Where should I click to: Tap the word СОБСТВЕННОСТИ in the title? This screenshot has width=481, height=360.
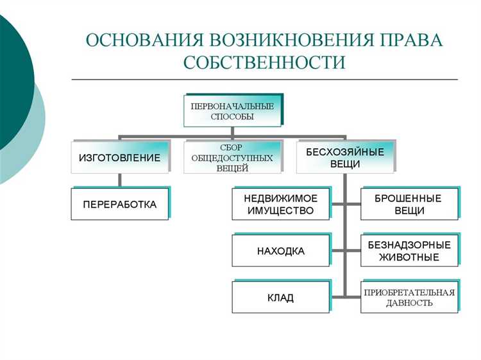(264, 62)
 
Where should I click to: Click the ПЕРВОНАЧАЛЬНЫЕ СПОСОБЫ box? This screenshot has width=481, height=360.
(232, 112)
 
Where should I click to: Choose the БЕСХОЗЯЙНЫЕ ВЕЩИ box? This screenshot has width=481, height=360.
(345, 158)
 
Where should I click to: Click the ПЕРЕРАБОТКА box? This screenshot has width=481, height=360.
(120, 204)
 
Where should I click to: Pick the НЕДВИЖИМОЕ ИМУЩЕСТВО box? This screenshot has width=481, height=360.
(281, 204)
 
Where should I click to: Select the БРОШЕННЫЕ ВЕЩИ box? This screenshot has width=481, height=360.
(409, 204)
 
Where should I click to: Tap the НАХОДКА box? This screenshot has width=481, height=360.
(281, 251)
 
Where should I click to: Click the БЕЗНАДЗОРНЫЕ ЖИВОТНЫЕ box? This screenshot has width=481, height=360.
(409, 251)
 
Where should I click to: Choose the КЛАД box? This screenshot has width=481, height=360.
(281, 298)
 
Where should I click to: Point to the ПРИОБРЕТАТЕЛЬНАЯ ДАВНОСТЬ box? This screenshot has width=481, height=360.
(409, 298)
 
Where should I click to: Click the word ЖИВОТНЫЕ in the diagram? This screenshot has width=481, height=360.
(409, 257)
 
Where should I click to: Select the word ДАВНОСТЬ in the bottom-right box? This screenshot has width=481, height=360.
(409, 304)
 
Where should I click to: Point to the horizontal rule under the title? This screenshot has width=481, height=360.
(264, 80)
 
